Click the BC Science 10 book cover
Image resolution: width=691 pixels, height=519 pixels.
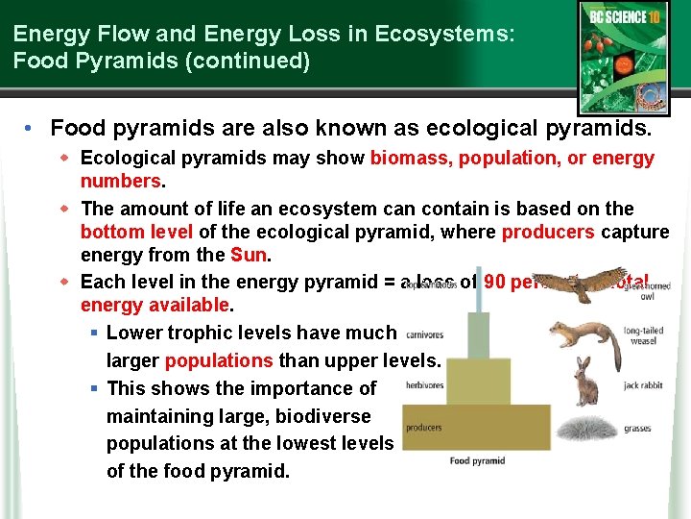pos(623,57)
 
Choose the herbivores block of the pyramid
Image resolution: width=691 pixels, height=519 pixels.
pos(477,381)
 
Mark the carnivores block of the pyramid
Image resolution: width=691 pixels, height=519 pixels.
pos(477,334)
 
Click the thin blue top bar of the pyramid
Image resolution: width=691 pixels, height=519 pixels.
pos(477,297)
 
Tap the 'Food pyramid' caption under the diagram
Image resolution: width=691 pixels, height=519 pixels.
pos(477,461)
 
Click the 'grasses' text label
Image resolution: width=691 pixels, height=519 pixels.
pos(636,429)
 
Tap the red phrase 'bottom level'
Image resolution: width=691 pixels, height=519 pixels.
pos(136,232)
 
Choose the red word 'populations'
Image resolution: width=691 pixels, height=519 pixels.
pos(219,361)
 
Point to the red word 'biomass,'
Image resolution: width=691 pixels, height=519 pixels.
pos(412,158)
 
